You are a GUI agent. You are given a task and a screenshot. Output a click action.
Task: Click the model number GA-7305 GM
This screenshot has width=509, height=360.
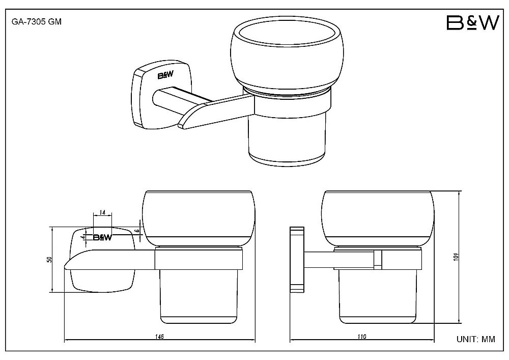36,22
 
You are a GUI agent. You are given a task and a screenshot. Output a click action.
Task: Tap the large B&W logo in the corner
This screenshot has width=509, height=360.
473,23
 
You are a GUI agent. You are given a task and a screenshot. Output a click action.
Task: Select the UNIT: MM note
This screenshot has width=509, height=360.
476,339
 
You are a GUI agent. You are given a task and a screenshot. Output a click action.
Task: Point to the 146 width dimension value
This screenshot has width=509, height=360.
159,336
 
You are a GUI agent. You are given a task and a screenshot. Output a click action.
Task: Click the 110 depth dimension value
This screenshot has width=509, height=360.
361,336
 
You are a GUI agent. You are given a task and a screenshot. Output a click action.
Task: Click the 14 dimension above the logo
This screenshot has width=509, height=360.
102,213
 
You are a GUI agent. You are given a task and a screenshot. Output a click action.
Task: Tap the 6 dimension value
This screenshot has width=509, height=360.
137,231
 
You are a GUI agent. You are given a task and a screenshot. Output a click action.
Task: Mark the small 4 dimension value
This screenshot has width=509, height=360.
84,237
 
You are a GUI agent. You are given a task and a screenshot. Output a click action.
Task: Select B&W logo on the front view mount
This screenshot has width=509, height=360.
103,237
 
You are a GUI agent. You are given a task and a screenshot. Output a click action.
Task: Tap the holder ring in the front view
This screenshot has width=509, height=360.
199,259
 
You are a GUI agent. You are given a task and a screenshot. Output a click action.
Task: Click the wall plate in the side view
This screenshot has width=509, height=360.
297,259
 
